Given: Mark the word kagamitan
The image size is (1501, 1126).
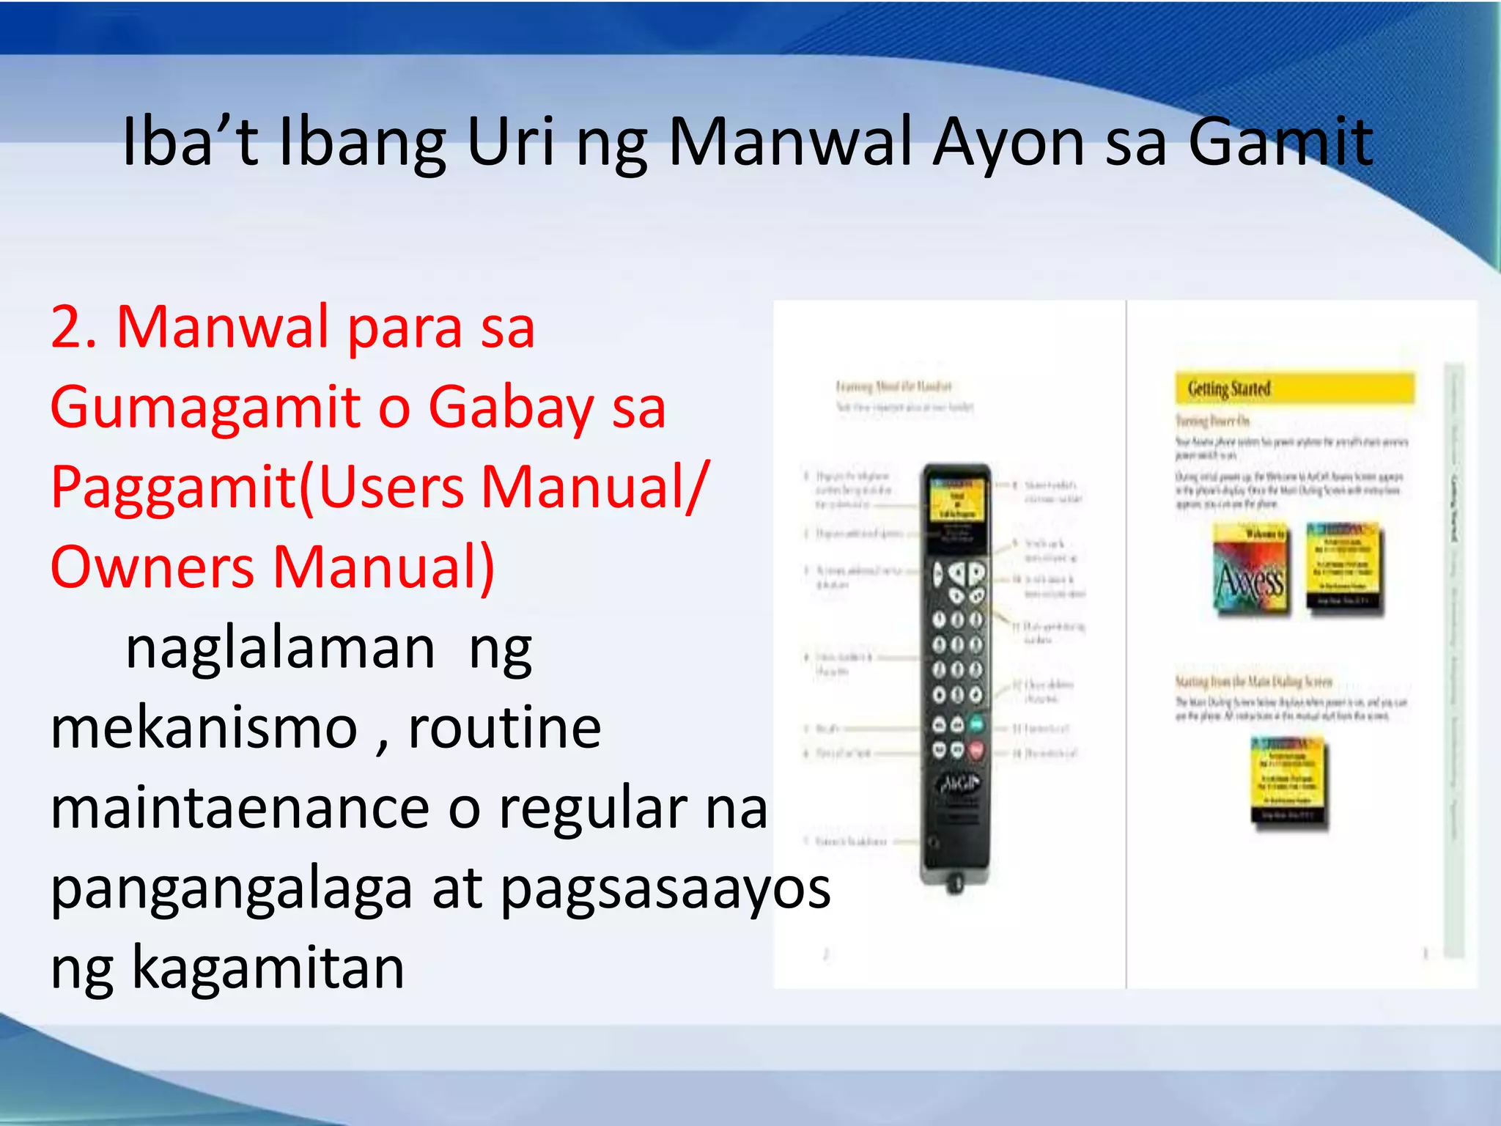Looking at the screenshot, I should [268, 968].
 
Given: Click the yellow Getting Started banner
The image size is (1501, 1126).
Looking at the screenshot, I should [1294, 389].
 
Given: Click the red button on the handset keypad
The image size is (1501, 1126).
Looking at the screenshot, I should [976, 750].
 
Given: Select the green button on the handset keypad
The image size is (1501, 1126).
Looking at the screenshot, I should [976, 725].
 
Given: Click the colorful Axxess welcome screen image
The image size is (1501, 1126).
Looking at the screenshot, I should [1250, 570].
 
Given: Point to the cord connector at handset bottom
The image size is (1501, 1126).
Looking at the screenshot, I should [955, 882].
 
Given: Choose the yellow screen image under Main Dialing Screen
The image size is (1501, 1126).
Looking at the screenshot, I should [1288, 784].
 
